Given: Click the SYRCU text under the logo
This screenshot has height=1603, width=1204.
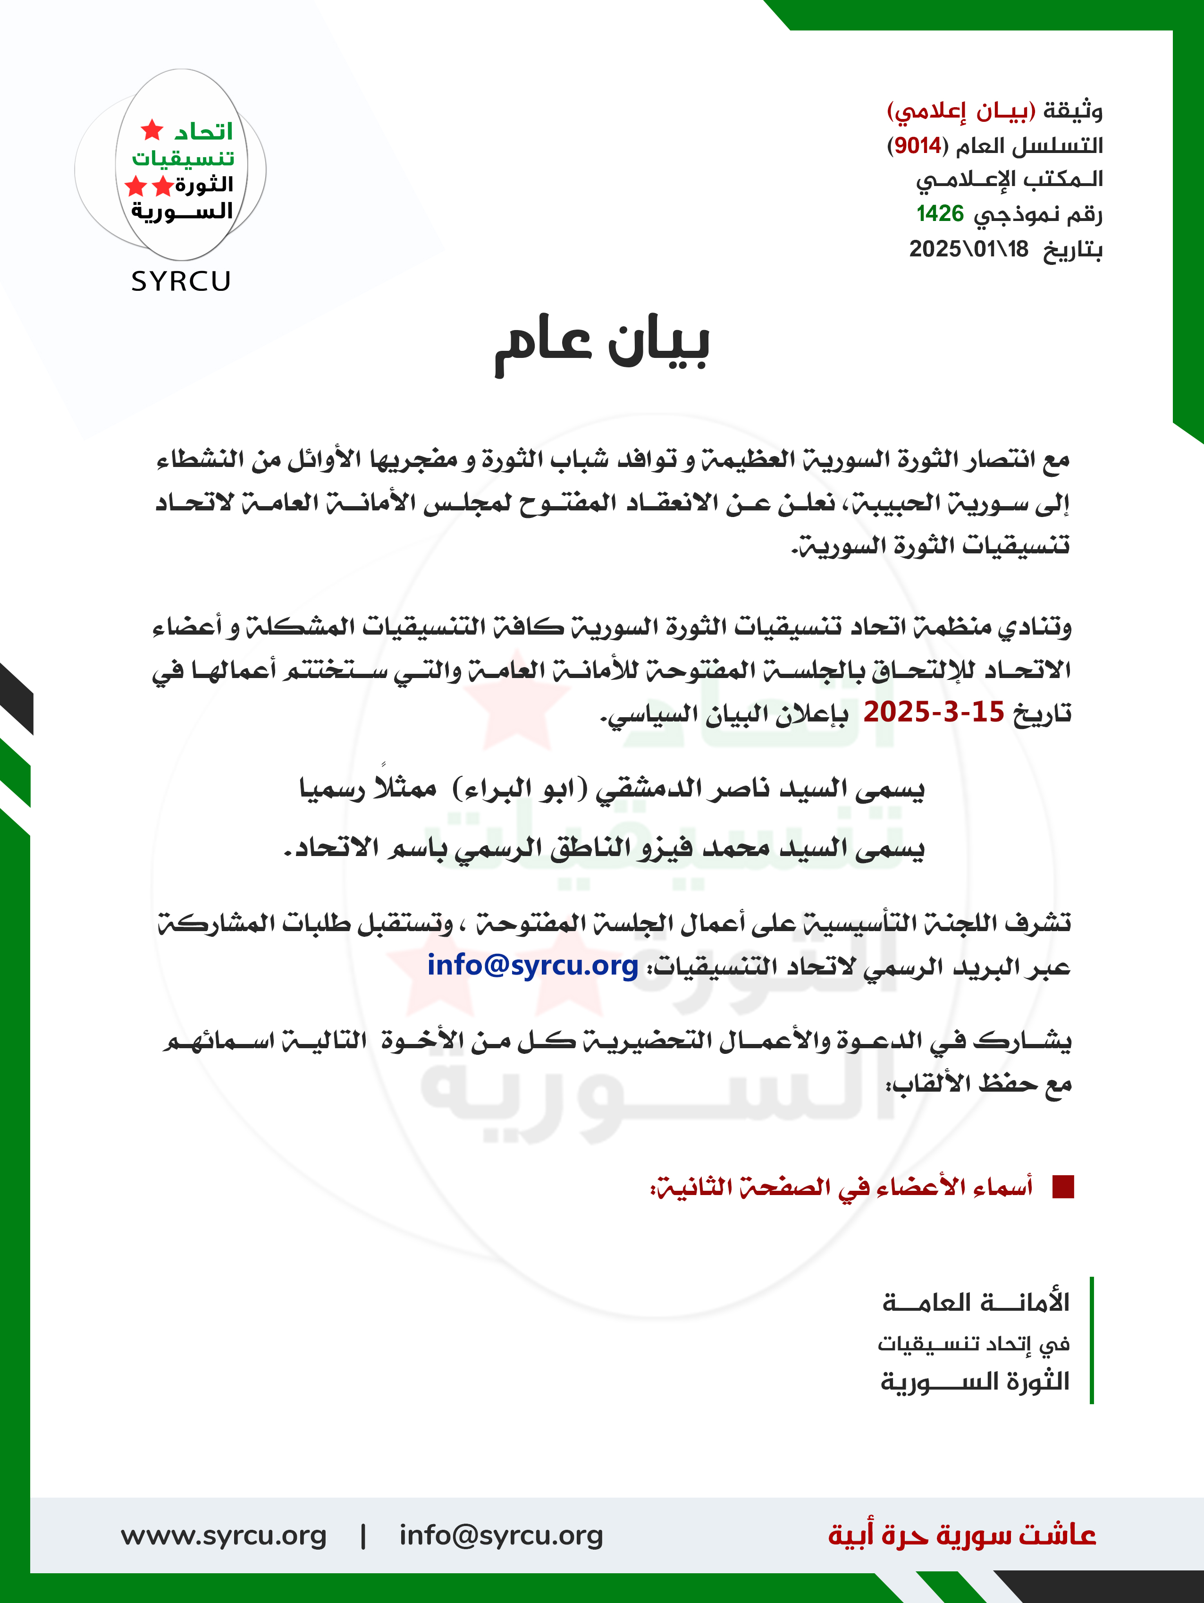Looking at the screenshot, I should pos(181,281).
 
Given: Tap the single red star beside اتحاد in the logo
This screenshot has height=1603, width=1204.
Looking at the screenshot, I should pos(152,130).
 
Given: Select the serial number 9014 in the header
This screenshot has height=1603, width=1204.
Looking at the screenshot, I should pos(917,145).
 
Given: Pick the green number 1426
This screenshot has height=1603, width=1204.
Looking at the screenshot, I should pos(940,214).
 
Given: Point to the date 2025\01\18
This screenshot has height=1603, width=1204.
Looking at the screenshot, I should pos(968,249).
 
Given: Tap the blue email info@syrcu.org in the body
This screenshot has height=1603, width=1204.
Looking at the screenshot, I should pos(532,965).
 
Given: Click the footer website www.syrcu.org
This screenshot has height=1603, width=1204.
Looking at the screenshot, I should pos(223,1535).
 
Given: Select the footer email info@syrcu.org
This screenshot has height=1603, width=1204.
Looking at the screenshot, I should pos(501,1535).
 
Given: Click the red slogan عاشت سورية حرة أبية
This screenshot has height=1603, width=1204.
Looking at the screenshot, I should pos(962,1535).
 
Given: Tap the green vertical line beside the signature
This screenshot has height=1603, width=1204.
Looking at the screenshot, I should pos(1091,1340).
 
